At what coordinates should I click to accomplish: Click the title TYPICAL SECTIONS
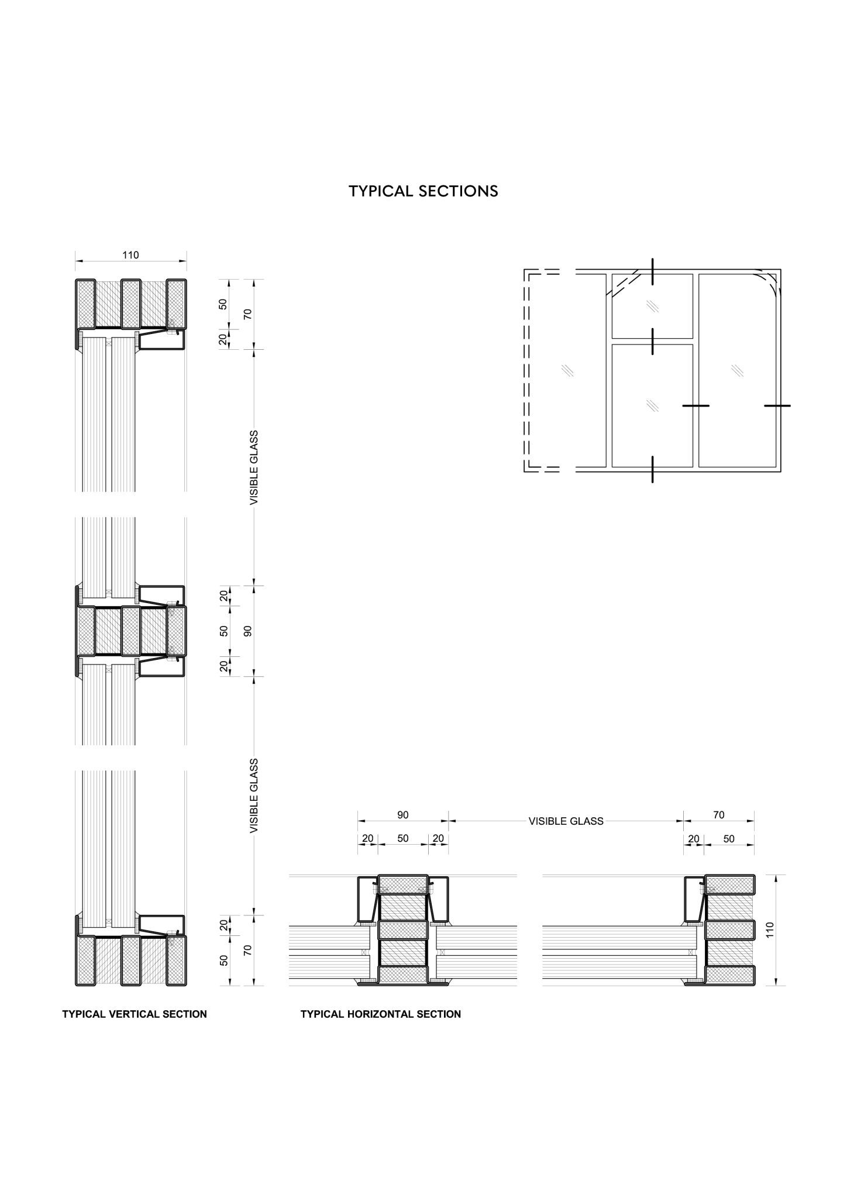(423, 191)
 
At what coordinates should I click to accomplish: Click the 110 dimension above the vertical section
(130, 255)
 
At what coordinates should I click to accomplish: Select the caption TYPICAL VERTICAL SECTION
(135, 1014)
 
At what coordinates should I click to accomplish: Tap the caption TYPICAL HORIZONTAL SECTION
(381, 1014)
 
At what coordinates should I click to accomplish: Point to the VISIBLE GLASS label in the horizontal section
(566, 821)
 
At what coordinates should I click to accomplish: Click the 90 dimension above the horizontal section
(403, 815)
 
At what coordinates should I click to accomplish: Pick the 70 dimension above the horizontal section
(719, 815)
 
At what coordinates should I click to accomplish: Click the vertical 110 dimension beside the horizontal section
(770, 931)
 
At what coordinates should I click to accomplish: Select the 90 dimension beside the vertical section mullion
(247, 631)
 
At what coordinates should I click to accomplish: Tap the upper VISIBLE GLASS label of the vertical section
(254, 468)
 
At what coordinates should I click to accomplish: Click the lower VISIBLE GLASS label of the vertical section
(254, 796)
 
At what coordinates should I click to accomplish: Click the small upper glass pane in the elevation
(652, 306)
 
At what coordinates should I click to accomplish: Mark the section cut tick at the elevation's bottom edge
(652, 469)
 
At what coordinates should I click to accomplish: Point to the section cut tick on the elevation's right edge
(777, 405)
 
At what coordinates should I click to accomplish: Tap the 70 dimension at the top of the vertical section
(247, 314)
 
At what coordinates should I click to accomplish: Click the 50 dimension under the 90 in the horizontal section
(403, 838)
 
